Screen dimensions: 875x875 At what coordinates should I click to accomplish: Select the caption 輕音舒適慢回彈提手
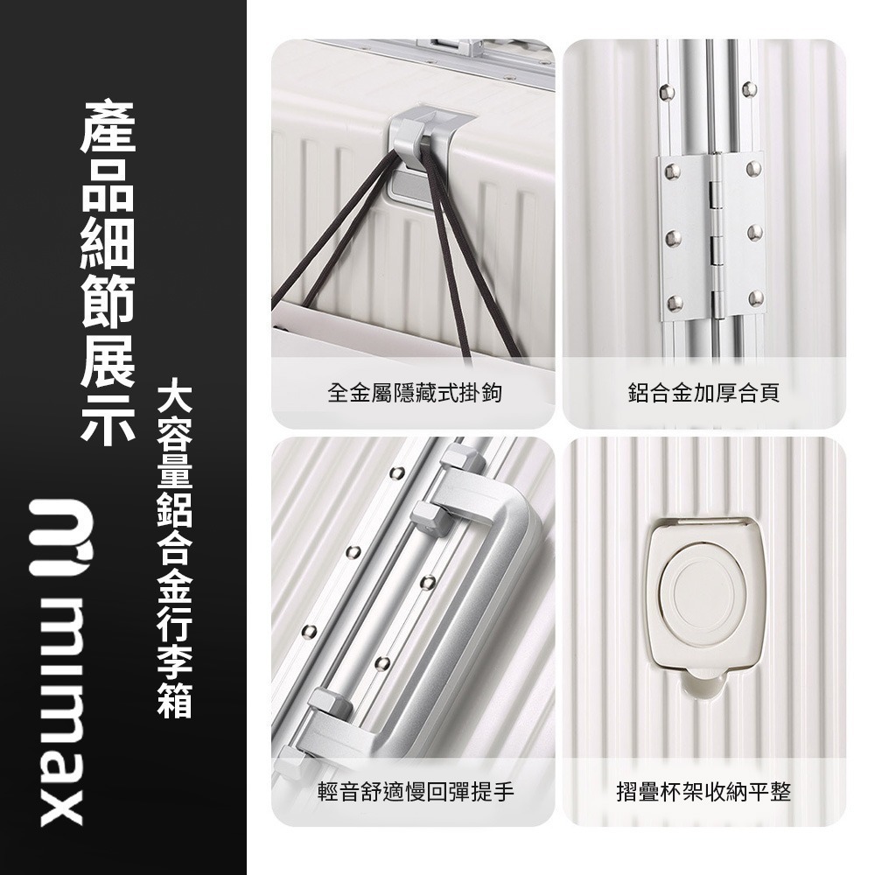tap(415, 793)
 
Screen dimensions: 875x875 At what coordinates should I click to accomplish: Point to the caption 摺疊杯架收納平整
tap(703, 793)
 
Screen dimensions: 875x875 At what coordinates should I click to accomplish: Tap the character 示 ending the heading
tap(109, 418)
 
